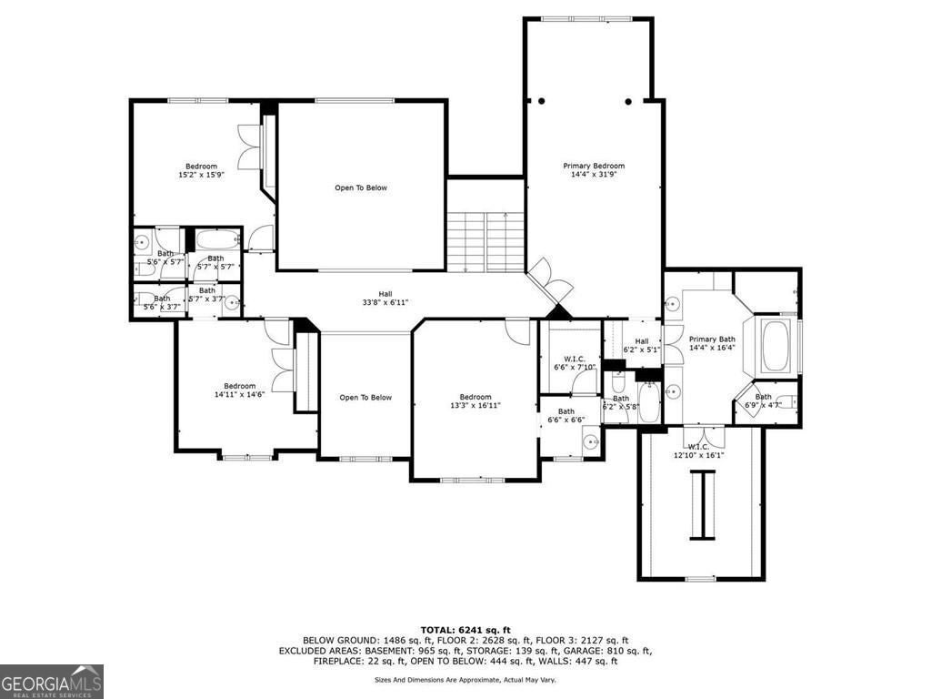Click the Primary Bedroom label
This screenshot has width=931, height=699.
coord(594,170)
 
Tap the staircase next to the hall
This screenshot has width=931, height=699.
coord(486,241)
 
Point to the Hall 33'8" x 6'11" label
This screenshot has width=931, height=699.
coord(385,299)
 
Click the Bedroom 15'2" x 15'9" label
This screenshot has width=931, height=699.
coord(201,170)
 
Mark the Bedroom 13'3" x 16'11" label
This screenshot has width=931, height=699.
coord(475,401)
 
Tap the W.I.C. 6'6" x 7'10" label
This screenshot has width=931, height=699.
coord(574,363)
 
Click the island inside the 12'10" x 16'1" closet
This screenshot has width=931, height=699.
coord(701,504)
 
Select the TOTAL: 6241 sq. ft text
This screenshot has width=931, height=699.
coord(465,630)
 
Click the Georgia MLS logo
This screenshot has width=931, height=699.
coord(52,681)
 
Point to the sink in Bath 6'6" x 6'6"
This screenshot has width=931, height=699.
coord(590,443)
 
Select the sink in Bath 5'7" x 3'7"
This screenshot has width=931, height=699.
coord(232,301)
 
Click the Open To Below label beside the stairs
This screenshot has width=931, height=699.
coord(361,187)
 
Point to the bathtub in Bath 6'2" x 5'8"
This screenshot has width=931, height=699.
coord(649,404)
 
